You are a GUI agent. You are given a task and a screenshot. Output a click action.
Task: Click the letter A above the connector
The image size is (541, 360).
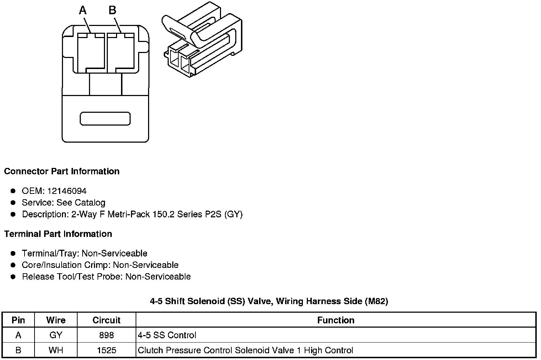tap(83, 11)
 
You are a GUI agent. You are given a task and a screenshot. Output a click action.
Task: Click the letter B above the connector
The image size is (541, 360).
tap(112, 10)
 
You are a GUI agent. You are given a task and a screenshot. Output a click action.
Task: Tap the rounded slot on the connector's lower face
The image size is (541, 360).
tap(105, 119)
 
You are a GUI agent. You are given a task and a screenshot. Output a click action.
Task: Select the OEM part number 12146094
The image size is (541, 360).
tap(67, 191)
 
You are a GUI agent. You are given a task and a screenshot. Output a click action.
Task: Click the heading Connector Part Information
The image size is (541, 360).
tap(62, 171)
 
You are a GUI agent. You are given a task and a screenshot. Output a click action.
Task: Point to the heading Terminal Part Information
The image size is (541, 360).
tap(58, 234)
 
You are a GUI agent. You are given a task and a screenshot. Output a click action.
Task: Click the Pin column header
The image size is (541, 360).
tap(18, 320)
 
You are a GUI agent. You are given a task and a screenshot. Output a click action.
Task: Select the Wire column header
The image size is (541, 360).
tap(56, 320)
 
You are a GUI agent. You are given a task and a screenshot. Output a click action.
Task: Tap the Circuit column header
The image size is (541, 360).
tap(106, 320)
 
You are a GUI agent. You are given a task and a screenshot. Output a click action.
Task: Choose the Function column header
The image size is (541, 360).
tap(336, 320)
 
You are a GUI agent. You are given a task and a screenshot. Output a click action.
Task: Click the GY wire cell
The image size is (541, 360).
tap(56, 335)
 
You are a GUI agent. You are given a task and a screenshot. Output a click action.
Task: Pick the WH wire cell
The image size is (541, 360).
tap(56, 350)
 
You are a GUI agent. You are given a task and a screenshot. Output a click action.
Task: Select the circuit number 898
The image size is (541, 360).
tap(107, 335)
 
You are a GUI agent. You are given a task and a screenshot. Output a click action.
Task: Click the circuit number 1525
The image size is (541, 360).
tap(107, 350)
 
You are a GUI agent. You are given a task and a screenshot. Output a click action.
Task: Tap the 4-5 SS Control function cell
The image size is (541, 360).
tap(167, 335)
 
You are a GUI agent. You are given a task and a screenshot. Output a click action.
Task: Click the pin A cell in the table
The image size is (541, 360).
tap(18, 335)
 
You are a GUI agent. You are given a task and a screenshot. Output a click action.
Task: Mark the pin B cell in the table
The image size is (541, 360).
tap(18, 350)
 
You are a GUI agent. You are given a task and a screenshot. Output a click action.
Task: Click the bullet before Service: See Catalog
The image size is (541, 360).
tap(13, 203)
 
